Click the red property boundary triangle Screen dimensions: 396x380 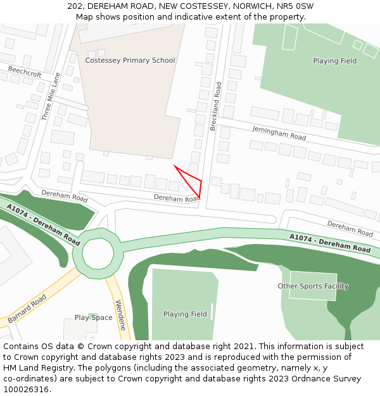tap(193, 181)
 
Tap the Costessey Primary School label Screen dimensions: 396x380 tap(130, 60)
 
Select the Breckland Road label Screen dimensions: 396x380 tap(216, 106)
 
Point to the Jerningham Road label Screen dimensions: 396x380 tap(279, 133)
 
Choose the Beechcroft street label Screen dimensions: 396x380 tap(25, 74)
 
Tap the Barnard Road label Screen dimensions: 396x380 tap(28, 308)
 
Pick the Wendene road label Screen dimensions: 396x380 tap(120, 311)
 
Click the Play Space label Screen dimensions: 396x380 tap(93, 317)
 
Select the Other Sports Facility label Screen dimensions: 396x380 tap(313, 286)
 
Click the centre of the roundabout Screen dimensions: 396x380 tap(97, 253)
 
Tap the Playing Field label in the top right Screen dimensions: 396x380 tap(334, 61)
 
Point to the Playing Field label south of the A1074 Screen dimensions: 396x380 tap(185, 314)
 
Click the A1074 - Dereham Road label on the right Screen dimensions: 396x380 tap(330, 243)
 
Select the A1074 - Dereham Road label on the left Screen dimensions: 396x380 tap(44, 225)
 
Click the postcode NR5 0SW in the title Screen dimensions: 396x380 tap(297, 6)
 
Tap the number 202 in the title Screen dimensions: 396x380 tap(74, 6)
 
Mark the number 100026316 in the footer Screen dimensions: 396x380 tap(25, 389)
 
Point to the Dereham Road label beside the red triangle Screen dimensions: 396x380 tap(176, 198)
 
